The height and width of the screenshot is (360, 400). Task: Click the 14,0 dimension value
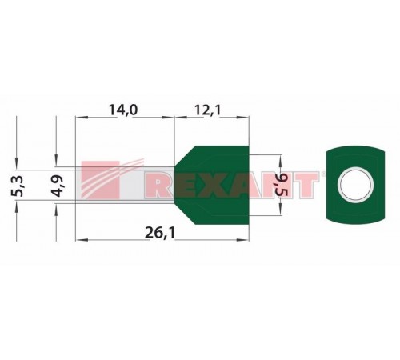[x=123, y=110]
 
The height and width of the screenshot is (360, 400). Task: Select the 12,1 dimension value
[x=207, y=110]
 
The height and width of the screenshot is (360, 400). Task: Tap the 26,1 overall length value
[x=160, y=233]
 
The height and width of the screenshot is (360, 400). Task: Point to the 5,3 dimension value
[x=18, y=186]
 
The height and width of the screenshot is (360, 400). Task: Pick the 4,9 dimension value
[x=58, y=186]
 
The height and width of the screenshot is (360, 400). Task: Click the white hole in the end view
[x=355, y=185]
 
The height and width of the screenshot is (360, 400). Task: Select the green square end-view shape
[x=355, y=185]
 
